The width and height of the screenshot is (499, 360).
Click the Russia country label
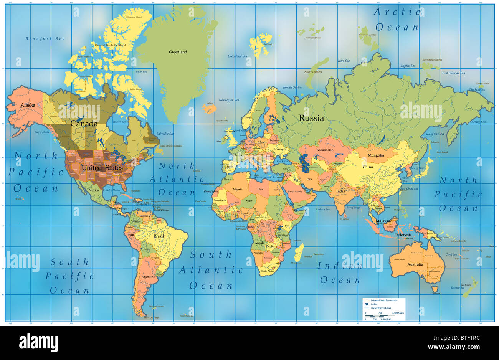tap(311, 118)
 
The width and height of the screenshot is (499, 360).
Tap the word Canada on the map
tap(84, 124)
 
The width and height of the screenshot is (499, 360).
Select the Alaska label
tap(28, 105)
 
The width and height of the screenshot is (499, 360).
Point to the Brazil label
tap(159, 236)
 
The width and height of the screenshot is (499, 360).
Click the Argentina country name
tap(148, 277)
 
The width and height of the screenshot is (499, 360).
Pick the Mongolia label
tap(376, 155)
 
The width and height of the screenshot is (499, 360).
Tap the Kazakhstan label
tap(325, 150)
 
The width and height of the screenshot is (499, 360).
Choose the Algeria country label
tap(237, 190)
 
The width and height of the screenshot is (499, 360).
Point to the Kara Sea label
tap(344, 61)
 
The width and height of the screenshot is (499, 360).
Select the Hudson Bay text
tap(119, 122)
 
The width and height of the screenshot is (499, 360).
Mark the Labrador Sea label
tap(165, 134)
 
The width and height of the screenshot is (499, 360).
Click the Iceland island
tap(210, 108)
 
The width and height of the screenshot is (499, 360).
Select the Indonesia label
tap(403, 235)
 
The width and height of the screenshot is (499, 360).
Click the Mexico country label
tap(94, 190)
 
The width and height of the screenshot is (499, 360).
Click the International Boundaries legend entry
tap(384, 300)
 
